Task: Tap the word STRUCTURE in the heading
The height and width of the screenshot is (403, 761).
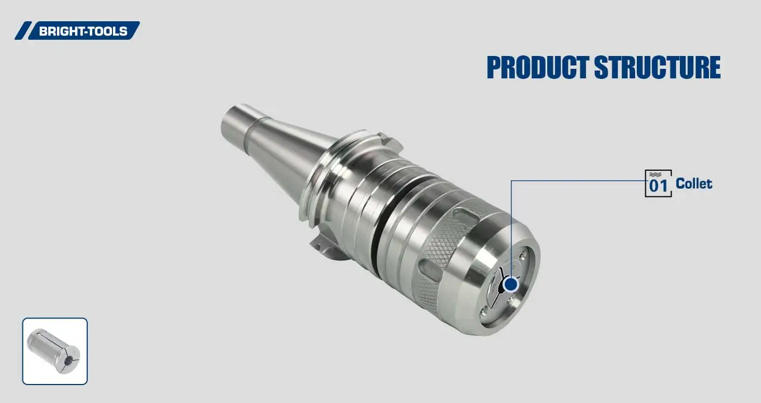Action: coord(656,68)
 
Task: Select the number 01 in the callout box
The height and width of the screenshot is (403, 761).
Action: coord(658,186)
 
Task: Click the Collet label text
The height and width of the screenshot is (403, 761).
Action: coord(694,184)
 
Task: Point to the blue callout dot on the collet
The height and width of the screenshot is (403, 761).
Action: coord(510,284)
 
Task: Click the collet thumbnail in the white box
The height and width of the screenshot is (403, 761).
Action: coord(55,351)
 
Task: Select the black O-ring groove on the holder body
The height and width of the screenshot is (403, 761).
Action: coord(392,207)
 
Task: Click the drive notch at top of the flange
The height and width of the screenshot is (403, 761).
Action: coord(382,137)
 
